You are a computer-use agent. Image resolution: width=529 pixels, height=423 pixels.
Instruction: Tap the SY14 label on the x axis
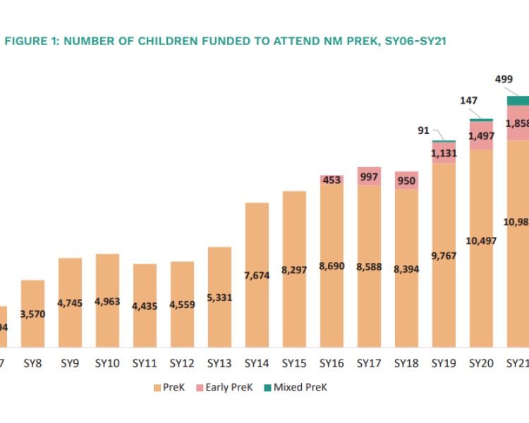pyautogui.click(x=257, y=364)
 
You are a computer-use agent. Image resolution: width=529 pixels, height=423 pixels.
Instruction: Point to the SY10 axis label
pyautogui.click(x=107, y=364)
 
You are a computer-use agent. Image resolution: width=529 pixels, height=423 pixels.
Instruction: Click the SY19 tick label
pyautogui.click(x=444, y=364)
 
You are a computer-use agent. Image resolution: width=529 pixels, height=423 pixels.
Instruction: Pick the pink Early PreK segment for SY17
pyautogui.click(x=369, y=176)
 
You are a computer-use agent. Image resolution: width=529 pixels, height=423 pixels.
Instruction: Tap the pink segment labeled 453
pyautogui.click(x=332, y=180)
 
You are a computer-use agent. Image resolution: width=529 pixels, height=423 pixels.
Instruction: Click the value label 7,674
pyautogui.click(x=257, y=275)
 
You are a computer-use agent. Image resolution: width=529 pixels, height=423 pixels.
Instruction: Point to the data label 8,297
pyautogui.click(x=294, y=269)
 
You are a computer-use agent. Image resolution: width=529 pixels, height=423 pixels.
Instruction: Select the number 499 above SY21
pyautogui.click(x=504, y=80)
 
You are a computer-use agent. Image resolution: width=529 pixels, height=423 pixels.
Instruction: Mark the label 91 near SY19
pyautogui.click(x=424, y=130)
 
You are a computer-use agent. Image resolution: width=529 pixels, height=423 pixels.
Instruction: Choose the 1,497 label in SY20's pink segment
pyautogui.click(x=481, y=135)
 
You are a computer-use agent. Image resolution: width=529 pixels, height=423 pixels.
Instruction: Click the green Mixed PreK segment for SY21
pyautogui.click(x=518, y=100)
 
